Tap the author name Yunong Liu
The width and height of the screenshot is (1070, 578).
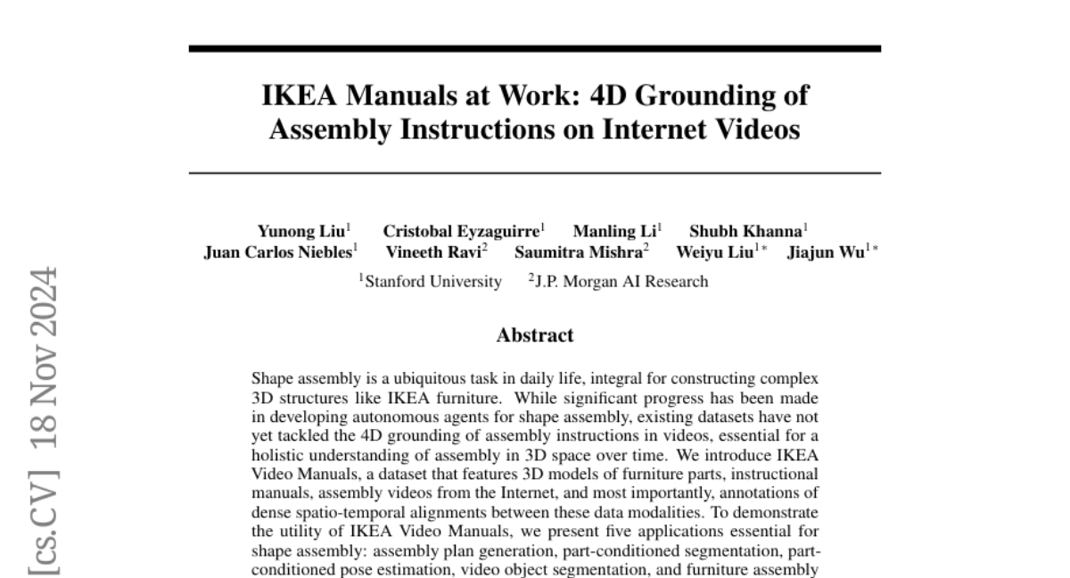click(x=300, y=230)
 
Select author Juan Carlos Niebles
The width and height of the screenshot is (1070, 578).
click(x=278, y=252)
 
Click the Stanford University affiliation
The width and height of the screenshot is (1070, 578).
click(x=432, y=282)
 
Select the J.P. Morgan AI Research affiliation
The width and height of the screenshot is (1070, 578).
click(x=621, y=282)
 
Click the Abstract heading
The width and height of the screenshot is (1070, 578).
click(x=535, y=335)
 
